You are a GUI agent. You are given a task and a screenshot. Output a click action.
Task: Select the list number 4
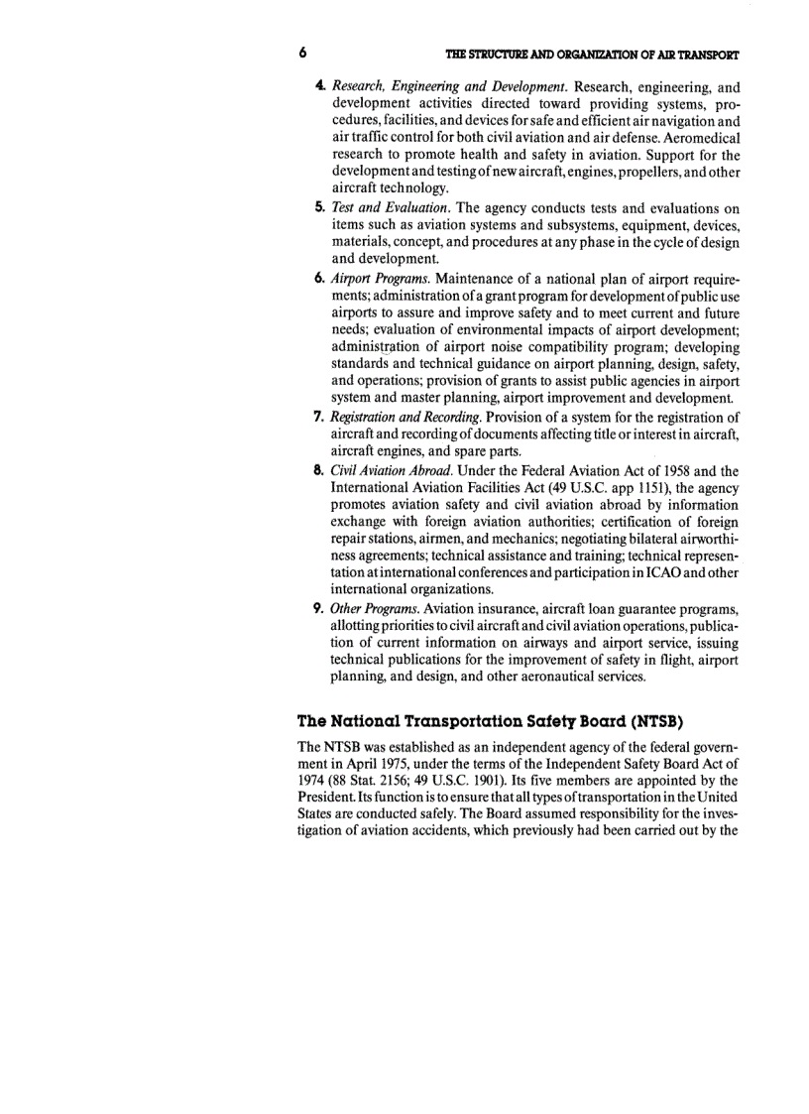coord(321,85)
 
